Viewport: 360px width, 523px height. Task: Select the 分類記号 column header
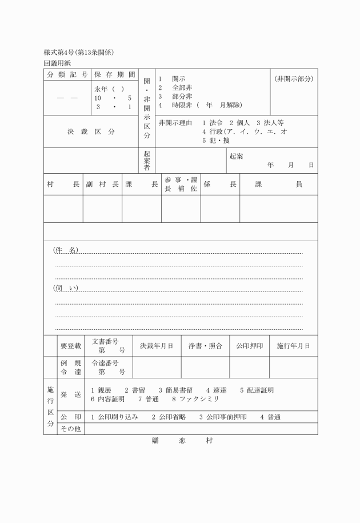click(67, 75)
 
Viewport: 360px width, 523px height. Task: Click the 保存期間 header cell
click(114, 75)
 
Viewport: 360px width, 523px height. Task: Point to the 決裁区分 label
click(91, 131)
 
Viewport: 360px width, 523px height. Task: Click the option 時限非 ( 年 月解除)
click(201, 105)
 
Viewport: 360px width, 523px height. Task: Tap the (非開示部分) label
click(294, 78)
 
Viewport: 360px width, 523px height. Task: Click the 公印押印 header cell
click(250, 346)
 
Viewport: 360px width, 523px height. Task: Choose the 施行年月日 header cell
click(294, 346)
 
